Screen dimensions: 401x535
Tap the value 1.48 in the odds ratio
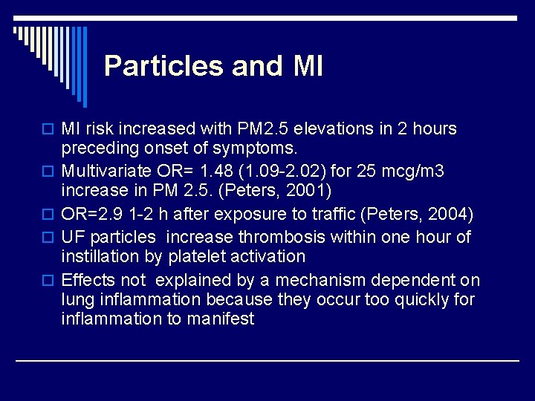[x=218, y=172]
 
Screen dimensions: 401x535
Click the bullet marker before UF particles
[x=51, y=238]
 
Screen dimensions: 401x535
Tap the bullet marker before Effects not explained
[x=51, y=281]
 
